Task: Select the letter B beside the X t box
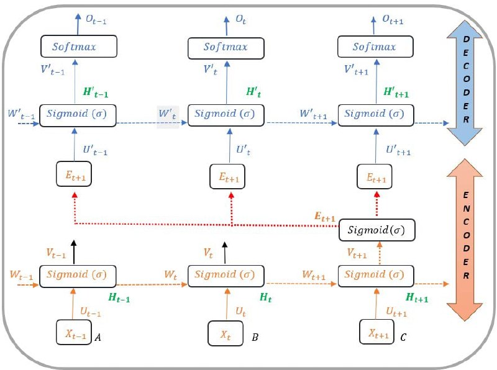pos(255,338)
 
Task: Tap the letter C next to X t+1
pos(403,337)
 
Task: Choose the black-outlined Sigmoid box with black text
pos(376,231)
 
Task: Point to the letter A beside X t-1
pos(98,338)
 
